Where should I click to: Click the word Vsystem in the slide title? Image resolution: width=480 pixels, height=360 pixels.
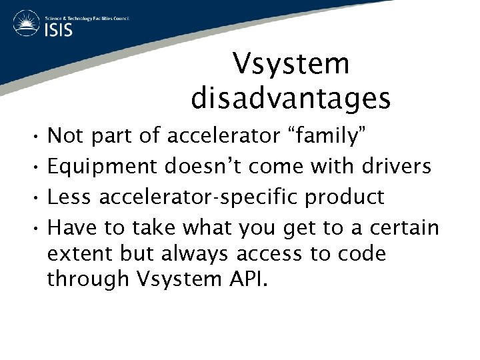(x=291, y=65)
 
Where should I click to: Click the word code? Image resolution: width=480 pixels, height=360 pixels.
(x=361, y=254)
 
